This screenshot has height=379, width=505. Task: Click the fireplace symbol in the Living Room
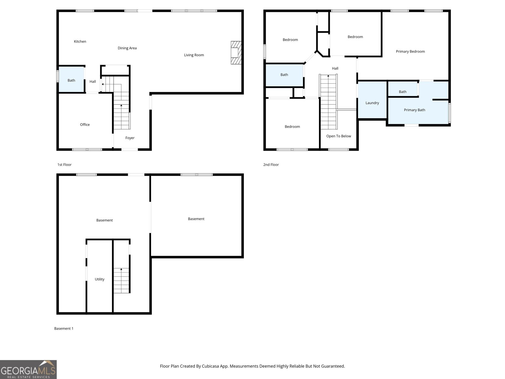236,53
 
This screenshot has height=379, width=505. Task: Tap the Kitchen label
80,41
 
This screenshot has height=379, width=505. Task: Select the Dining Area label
127,48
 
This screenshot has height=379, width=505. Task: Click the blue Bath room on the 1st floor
71,80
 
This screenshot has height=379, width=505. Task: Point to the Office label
85,124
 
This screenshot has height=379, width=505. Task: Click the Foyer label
130,138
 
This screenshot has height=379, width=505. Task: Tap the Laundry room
372,103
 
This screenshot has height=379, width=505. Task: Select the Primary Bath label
414,110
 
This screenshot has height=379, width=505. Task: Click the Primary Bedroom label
410,51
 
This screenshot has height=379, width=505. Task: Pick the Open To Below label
339,136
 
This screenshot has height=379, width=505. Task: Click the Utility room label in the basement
99,279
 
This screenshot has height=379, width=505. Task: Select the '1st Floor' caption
64,165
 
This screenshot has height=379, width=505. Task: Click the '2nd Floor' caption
271,165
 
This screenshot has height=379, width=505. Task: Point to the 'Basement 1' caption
64,328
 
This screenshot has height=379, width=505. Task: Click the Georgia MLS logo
28,370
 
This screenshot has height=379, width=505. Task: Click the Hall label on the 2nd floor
335,68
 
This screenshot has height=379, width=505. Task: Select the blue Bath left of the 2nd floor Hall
284,75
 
